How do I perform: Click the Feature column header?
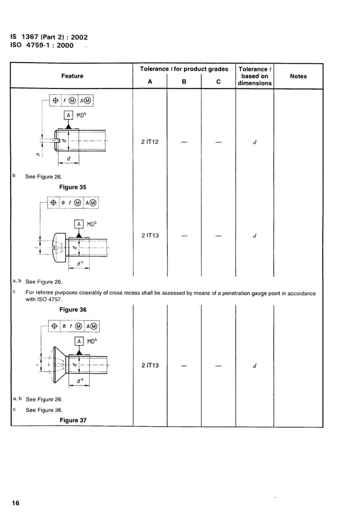tap(72, 76)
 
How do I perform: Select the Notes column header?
tap(298, 76)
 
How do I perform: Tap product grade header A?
tap(150, 81)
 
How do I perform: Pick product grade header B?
tap(184, 81)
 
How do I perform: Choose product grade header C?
tap(218, 81)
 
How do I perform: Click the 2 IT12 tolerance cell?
tap(150, 142)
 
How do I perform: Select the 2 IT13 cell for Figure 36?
tap(150, 236)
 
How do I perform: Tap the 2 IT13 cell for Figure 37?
tap(150, 365)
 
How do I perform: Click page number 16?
tap(15, 502)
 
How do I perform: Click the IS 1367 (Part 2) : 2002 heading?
tap(49, 37)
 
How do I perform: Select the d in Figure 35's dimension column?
tap(255, 142)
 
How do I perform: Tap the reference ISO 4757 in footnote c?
tap(49, 300)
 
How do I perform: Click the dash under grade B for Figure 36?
tap(184, 236)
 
